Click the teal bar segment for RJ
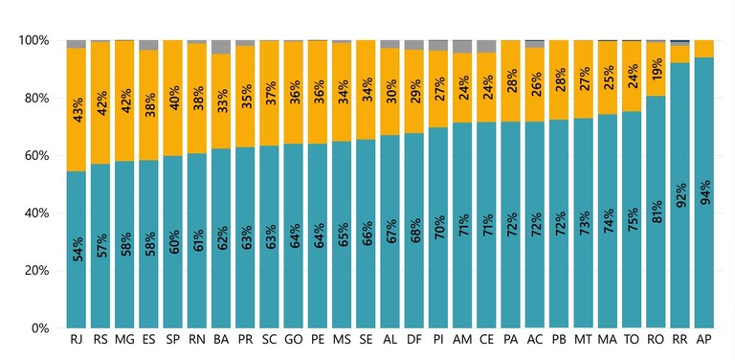(76, 249)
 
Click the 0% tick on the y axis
(39, 328)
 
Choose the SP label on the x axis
(173, 341)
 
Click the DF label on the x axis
(414, 341)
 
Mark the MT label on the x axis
(583, 341)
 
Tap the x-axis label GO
(294, 341)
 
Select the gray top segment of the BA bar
(221, 47)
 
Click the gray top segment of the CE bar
(486, 47)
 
